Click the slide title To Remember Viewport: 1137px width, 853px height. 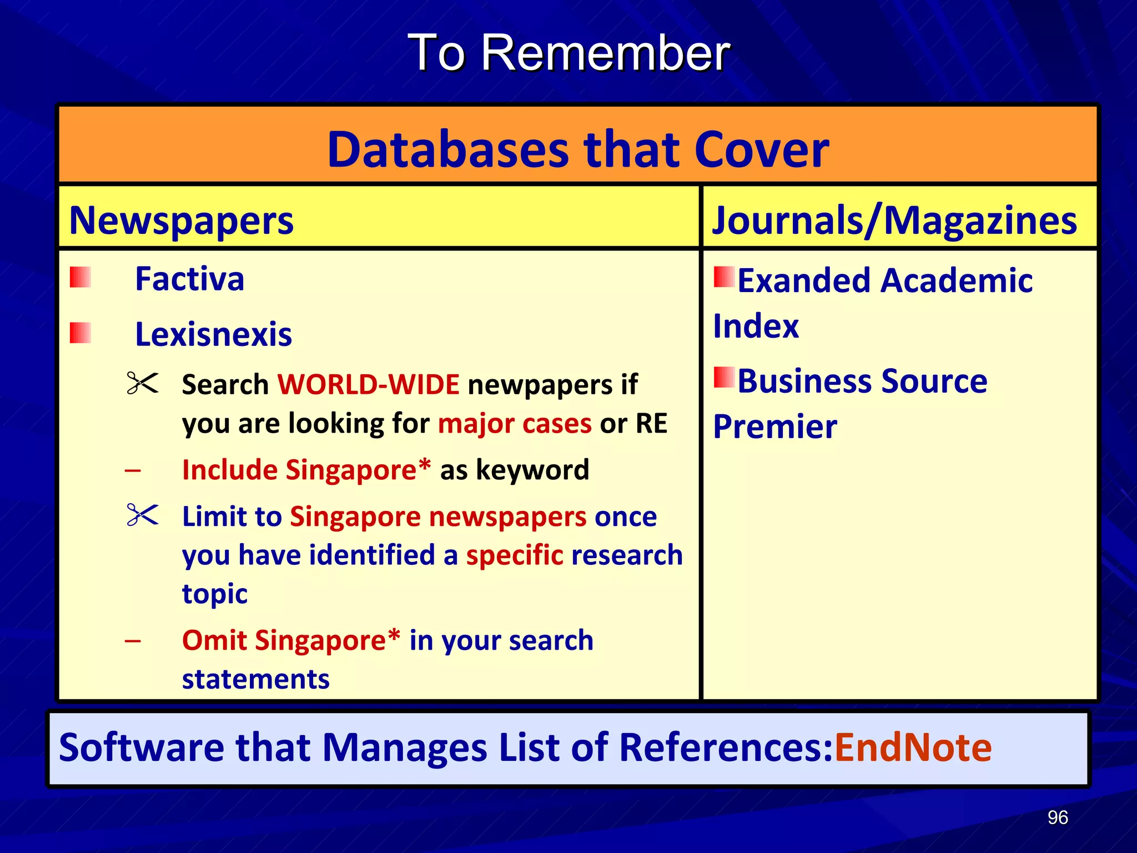tap(568, 53)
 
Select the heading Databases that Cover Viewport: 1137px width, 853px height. tap(578, 149)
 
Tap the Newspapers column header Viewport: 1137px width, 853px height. tap(181, 220)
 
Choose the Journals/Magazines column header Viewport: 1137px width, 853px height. tap(894, 220)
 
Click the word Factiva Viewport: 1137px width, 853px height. tap(189, 279)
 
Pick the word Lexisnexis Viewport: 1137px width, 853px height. tap(213, 334)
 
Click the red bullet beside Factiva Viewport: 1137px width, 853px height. tap(81, 277)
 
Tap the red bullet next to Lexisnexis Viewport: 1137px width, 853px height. tap(81, 333)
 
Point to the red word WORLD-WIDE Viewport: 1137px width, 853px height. tap(368, 384)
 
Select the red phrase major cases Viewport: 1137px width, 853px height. tap(515, 424)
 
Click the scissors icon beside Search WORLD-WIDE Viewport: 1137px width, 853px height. tap(143, 383)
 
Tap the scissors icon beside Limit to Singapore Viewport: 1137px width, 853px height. tap(143, 515)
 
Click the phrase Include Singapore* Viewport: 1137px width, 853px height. tap(306, 470)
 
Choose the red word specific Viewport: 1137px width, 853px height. tap(515, 555)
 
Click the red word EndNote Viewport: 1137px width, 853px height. tap(913, 747)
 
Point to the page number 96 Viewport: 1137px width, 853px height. tap(1058, 817)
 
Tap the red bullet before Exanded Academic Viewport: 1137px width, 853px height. tap(724, 277)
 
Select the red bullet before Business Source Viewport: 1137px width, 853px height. tap(724, 377)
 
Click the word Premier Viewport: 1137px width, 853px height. tap(775, 426)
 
